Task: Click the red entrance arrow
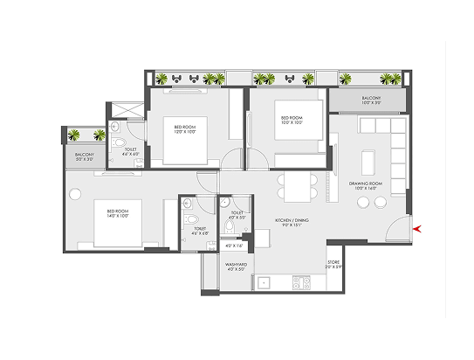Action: (x=420, y=229)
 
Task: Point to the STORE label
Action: (x=333, y=264)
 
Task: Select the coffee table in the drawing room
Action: (x=368, y=162)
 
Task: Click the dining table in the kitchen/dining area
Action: (x=294, y=185)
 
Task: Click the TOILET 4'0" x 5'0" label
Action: (x=237, y=215)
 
